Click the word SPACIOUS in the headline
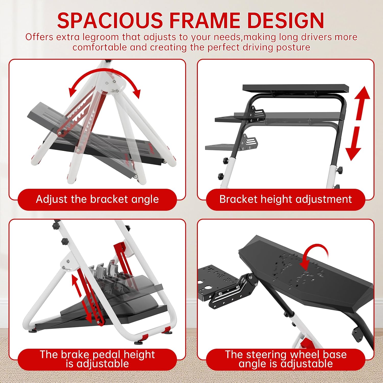[x=110, y=20]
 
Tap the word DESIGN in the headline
[x=286, y=20]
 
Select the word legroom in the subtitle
[x=101, y=38]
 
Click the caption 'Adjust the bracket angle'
[x=97, y=199]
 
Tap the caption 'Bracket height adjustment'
[x=285, y=199]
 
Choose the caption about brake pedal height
[x=97, y=359]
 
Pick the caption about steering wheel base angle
[x=286, y=359]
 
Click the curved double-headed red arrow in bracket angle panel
[x=105, y=75]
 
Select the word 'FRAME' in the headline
[x=205, y=20]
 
